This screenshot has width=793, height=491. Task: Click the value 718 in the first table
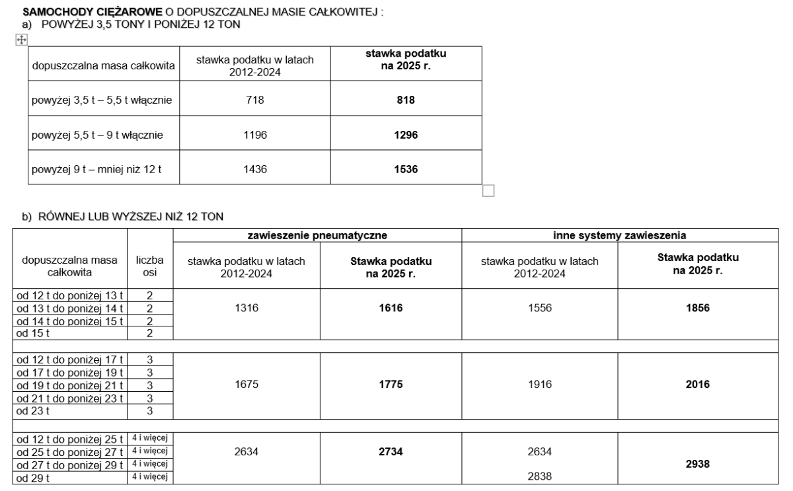[255, 100]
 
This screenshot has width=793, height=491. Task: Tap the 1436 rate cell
[255, 170]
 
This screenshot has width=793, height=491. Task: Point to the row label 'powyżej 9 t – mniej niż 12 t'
[96, 170]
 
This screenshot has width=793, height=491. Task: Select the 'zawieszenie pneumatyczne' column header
[317, 234]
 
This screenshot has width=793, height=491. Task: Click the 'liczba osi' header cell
[150, 266]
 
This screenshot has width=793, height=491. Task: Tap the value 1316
[246, 309]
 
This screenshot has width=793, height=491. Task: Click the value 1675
[246, 385]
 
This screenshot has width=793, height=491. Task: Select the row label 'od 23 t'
[30, 410]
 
